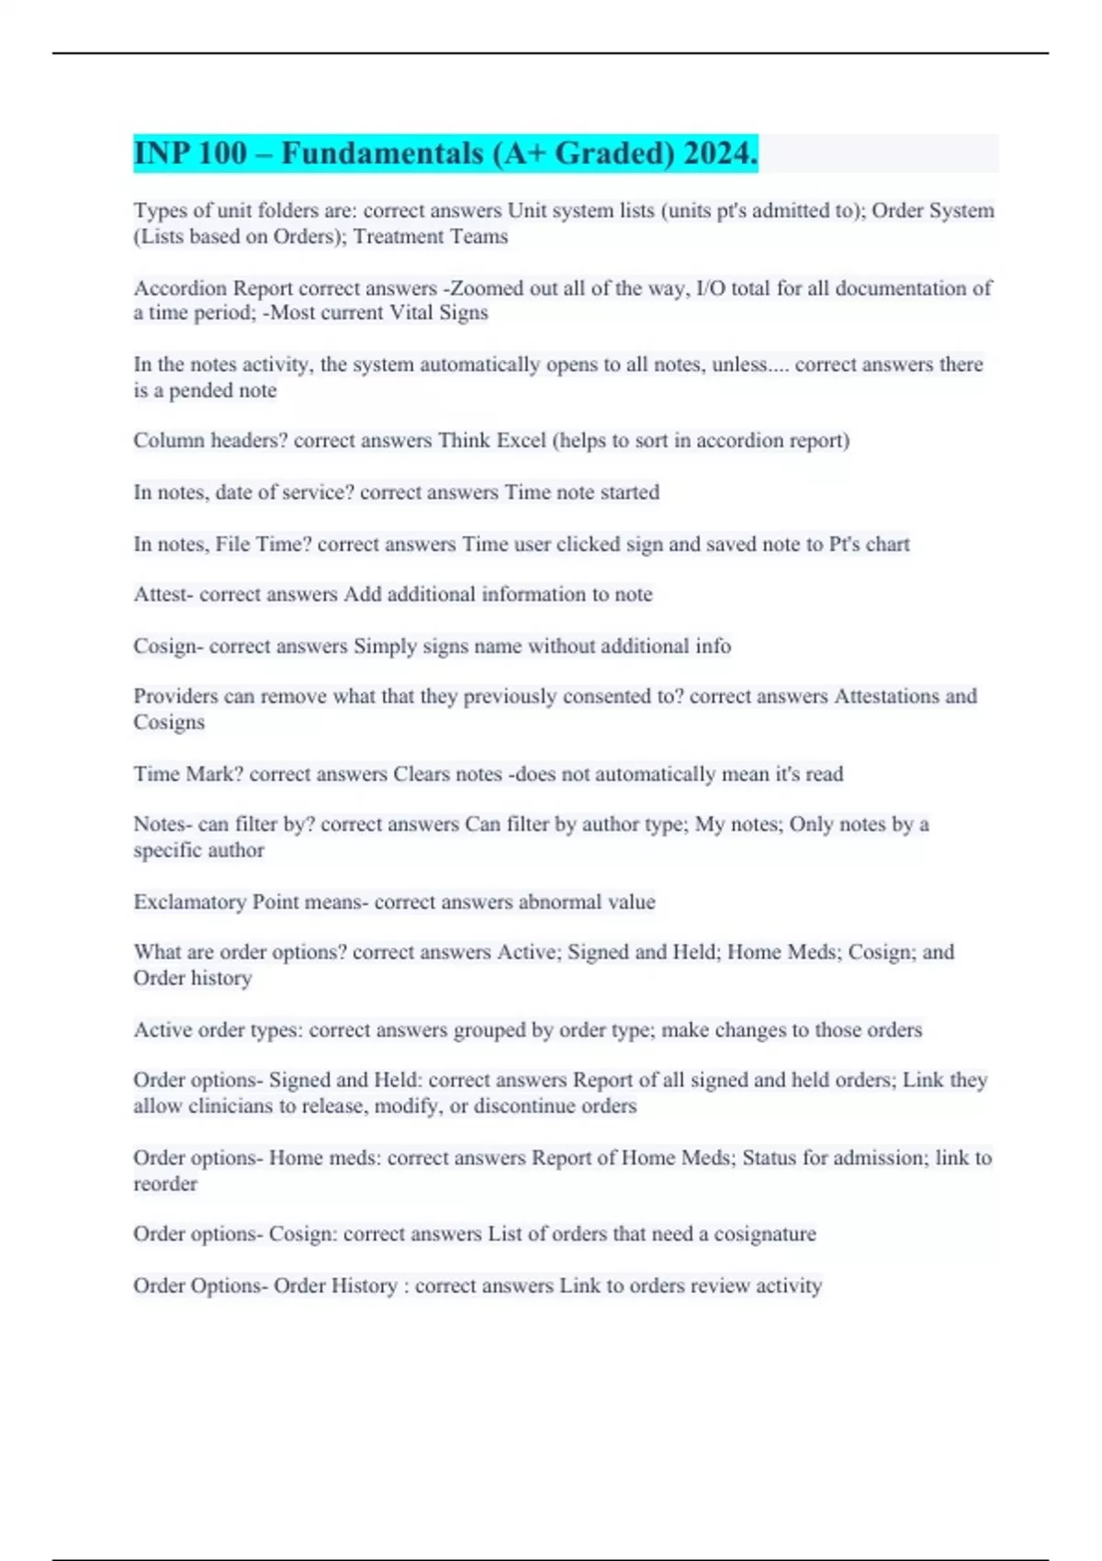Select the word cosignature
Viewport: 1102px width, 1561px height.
pyautogui.click(x=765, y=1234)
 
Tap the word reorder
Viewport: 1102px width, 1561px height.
pyautogui.click(x=165, y=1185)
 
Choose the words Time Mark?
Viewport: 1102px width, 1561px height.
pyautogui.click(x=187, y=774)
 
